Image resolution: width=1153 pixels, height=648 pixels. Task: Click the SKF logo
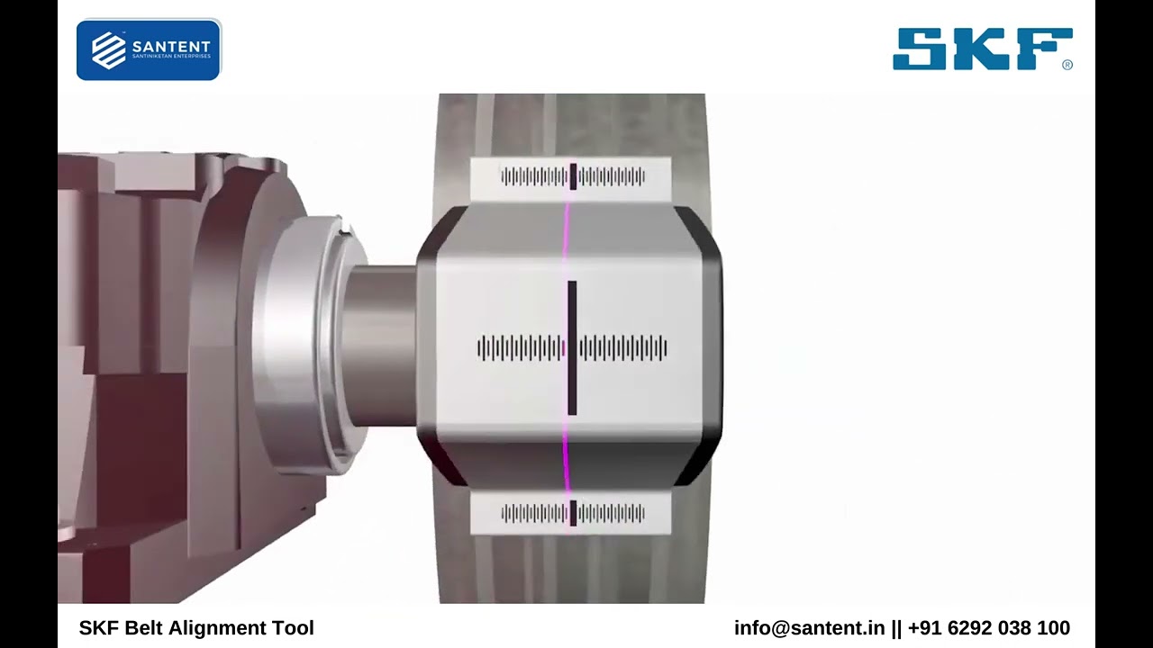981,49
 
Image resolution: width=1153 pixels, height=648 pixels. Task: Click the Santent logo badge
149,49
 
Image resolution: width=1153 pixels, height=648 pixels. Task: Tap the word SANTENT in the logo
170,46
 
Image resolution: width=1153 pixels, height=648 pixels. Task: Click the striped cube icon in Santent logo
109,50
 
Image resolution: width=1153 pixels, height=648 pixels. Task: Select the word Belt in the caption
145,628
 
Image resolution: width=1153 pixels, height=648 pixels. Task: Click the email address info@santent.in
809,628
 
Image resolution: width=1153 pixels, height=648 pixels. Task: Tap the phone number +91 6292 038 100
989,628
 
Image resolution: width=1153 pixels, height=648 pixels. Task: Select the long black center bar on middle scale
572,347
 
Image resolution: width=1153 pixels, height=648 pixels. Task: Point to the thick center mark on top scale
573,176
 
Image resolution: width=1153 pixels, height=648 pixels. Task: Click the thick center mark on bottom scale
573,513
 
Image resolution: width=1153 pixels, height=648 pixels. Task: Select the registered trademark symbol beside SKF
1067,65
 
